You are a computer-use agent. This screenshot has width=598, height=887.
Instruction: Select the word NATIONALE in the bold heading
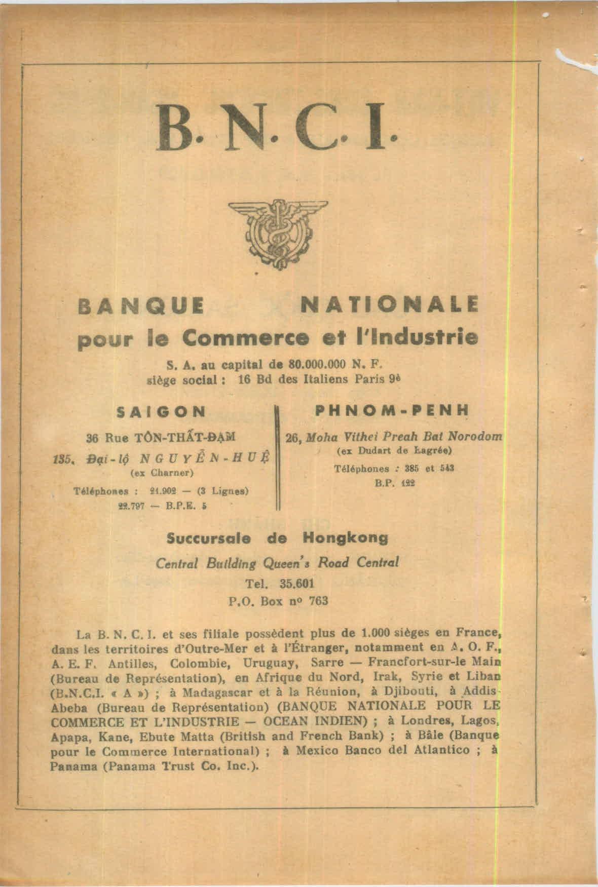389,306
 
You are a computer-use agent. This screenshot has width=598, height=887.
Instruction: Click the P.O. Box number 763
318,601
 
